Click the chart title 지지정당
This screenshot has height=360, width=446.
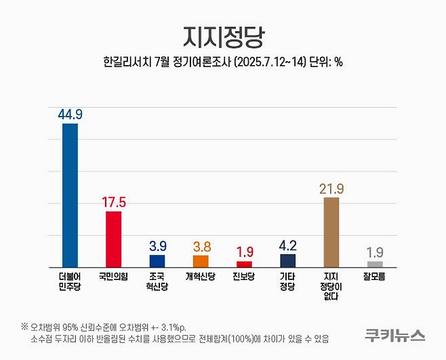[222, 36]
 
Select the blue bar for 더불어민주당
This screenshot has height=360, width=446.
[70, 195]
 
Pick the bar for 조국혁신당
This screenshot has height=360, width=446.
[157, 261]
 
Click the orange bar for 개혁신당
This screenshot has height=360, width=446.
[201, 261]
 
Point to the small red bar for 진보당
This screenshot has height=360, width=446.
[244, 264]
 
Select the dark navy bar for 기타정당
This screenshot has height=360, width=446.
[287, 260]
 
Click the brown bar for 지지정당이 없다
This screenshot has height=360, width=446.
[331, 233]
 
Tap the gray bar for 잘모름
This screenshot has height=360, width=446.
[375, 264]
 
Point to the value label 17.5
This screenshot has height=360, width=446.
[114, 202]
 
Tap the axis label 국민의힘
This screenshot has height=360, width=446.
[113, 277]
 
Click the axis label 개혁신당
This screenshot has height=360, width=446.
[201, 277]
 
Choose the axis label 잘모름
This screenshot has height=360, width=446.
[375, 277]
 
